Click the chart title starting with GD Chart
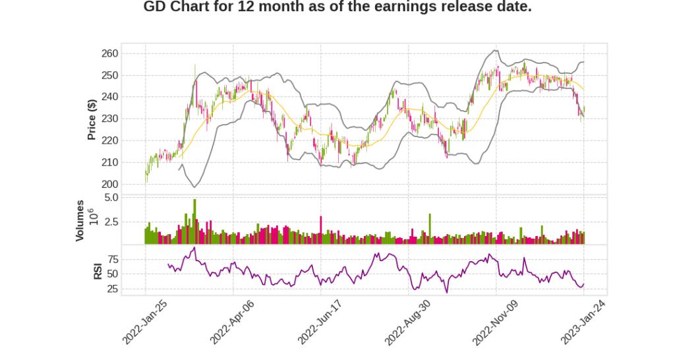click(337, 7)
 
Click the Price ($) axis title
click(92, 119)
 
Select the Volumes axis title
click(80, 220)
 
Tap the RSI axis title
click(98, 271)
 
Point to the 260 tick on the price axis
click(109, 53)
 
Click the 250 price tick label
click(109, 75)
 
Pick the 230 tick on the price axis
click(109, 119)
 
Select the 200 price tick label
click(109, 184)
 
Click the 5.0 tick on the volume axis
click(111, 197)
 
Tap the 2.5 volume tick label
click(111, 222)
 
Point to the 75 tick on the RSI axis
click(112, 259)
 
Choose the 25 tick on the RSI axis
click(112, 289)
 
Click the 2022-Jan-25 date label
click(144, 321)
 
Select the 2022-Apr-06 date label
click(232, 321)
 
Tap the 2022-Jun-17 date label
click(320, 321)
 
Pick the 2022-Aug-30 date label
click(407, 321)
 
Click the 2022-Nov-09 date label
click(495, 321)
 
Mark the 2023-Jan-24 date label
click(583, 321)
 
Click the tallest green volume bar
click(194, 222)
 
